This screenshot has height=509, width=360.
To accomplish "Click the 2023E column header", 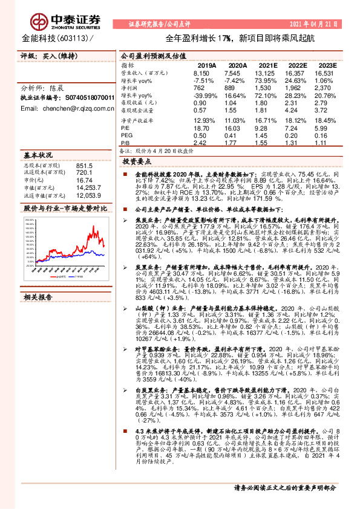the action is tap(327, 65).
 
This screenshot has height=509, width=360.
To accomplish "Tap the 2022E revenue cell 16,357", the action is tap(298, 73).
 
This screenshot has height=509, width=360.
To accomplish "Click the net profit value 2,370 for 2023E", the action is tap(327, 88).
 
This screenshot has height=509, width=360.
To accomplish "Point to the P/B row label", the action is tap(126, 143).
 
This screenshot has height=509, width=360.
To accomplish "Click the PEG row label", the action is tap(127, 136).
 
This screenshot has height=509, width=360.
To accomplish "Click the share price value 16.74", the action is tap(84, 180).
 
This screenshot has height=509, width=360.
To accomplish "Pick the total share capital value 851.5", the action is tap(85, 165).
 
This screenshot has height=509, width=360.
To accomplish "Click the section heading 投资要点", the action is tap(136, 162).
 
